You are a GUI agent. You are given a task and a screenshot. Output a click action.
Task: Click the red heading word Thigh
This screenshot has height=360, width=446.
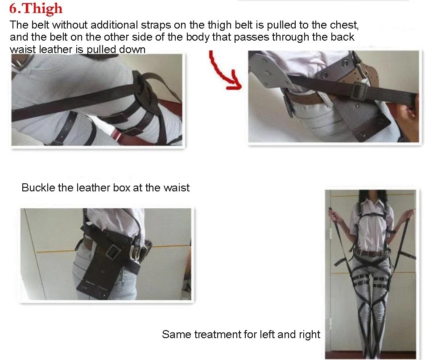coord(42,8)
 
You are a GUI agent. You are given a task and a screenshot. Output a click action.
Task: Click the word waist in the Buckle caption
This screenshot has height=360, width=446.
coord(176,188)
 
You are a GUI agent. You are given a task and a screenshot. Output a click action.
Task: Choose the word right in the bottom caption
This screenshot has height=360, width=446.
coord(310,335)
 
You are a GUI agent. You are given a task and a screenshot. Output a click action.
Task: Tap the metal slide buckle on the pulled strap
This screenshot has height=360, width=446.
coord(358,91)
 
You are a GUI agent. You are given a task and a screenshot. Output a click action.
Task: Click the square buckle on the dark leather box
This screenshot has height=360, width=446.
coord(114,252)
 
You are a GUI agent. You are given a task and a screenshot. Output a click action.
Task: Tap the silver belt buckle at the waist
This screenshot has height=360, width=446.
coord(136,252)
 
